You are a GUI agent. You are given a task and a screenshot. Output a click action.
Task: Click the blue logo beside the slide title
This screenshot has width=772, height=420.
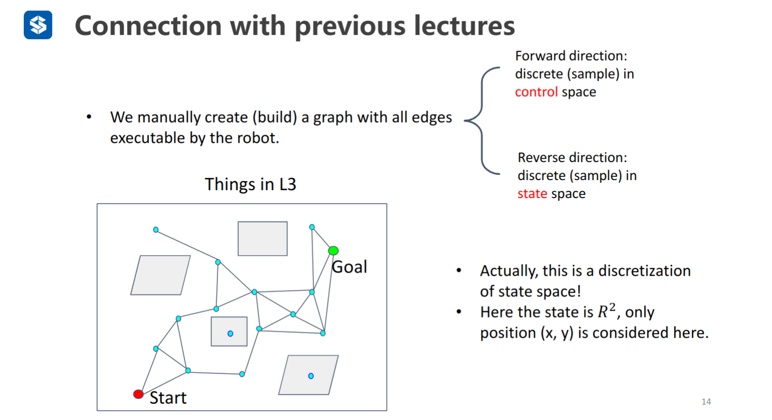pyautogui.click(x=38, y=25)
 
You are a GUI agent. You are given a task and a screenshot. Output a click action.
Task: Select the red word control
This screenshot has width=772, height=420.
pyautogui.click(x=536, y=91)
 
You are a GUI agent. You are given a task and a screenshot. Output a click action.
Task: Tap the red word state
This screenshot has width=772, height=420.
pyautogui.click(x=532, y=193)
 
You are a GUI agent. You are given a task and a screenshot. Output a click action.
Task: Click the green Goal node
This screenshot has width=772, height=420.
pyautogui.click(x=333, y=250)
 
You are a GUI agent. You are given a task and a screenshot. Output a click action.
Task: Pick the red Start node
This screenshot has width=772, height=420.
pyautogui.click(x=138, y=394)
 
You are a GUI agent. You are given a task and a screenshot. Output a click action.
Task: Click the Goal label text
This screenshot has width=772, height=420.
pyautogui.click(x=349, y=267)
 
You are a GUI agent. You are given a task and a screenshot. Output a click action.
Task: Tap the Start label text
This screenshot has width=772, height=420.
pyautogui.click(x=168, y=398)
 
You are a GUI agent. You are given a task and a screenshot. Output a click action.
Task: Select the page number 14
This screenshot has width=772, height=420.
pyautogui.click(x=706, y=402)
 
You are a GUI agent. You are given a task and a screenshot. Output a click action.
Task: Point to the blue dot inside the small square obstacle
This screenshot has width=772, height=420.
pyautogui.click(x=230, y=333)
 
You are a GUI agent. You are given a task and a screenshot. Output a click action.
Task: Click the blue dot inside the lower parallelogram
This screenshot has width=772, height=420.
pyautogui.click(x=311, y=376)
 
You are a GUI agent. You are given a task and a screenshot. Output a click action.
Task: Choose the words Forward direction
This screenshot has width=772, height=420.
pyautogui.click(x=570, y=55)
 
